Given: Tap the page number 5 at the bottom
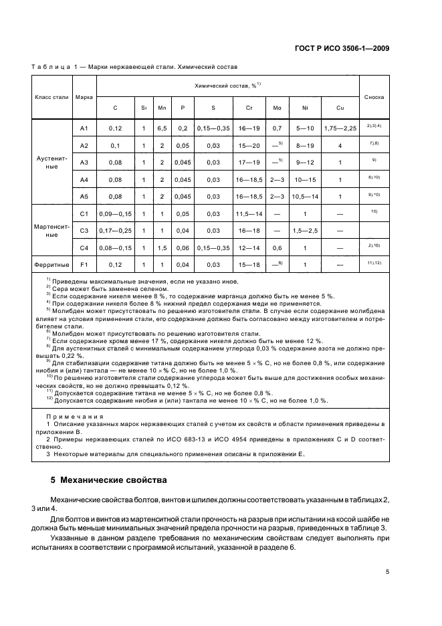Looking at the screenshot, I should pyautogui.click(x=387, y=572).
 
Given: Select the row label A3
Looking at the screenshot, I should pyautogui.click(x=84, y=163).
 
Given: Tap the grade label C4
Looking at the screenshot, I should pyautogui.click(x=84, y=247).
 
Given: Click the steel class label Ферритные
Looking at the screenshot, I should pyautogui.click(x=51, y=265).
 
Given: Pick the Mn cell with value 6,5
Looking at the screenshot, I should pyautogui.click(x=162, y=128).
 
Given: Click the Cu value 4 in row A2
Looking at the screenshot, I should pyautogui.click(x=340, y=145).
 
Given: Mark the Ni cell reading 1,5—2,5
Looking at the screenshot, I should pyautogui.click(x=305, y=231).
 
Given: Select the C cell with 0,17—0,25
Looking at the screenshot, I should pyautogui.click(x=115, y=231).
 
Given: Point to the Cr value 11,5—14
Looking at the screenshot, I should pyautogui.click(x=249, y=214).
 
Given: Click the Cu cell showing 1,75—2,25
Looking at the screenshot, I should pyautogui.click(x=340, y=128).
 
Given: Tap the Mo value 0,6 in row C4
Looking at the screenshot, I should pyautogui.click(x=277, y=247).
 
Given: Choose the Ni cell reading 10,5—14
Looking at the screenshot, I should pyautogui.click(x=305, y=197).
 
